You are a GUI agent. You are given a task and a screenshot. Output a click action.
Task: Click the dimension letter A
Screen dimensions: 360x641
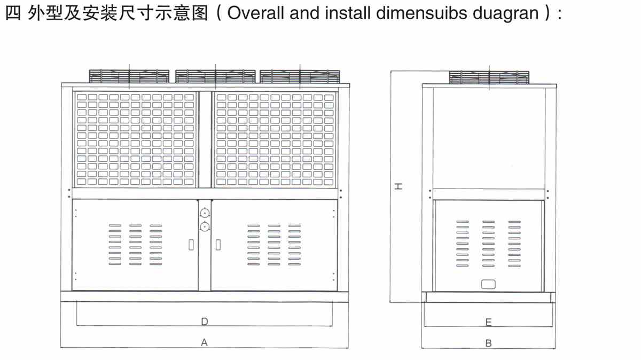coord(204,343)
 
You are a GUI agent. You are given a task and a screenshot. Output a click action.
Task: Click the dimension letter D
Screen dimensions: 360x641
coord(205,322)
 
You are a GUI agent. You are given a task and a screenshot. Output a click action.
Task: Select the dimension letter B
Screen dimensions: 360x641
coord(488,343)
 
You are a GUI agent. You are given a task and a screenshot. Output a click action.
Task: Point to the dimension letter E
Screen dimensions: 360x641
coord(488,322)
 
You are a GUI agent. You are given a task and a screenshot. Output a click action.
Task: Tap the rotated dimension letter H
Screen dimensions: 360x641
coord(398,186)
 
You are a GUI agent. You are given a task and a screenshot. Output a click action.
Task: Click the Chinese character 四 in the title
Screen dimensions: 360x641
coord(12,13)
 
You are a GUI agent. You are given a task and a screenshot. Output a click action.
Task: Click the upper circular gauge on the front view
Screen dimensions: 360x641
coord(205,214)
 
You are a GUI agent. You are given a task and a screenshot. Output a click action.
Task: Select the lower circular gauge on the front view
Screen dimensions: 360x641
coord(205,227)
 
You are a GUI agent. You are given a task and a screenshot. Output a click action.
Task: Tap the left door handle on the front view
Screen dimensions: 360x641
coord(191,245)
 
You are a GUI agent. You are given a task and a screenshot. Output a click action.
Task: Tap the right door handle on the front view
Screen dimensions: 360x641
coord(218,245)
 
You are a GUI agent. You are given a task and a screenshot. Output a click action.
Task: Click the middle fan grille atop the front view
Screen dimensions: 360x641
coord(215,76)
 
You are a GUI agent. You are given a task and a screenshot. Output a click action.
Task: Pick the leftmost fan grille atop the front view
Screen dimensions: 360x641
coord(129,76)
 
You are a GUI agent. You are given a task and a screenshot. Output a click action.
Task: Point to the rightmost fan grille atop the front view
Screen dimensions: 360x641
coord(300,76)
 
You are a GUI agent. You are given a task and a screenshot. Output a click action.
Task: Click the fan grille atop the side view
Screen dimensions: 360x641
coord(489,77)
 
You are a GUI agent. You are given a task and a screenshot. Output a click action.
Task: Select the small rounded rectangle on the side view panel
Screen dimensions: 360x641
coord(488,284)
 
